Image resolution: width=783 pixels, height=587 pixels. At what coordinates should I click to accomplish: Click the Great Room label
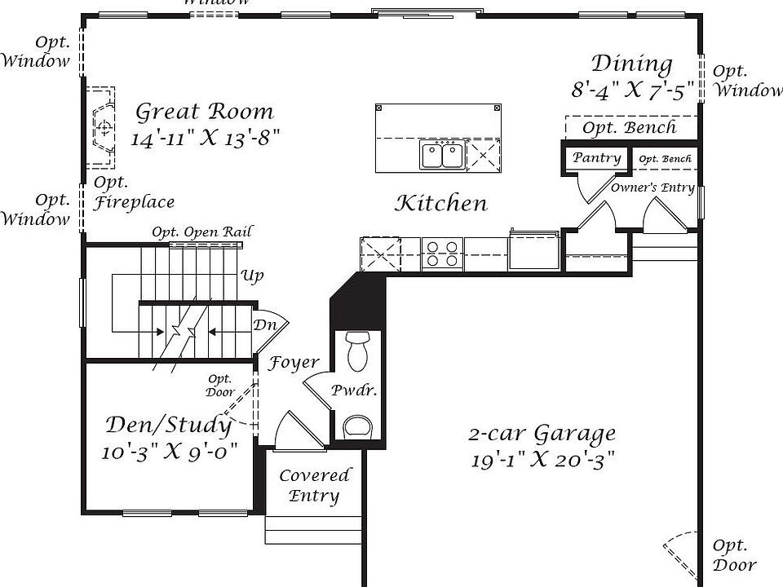point(204,111)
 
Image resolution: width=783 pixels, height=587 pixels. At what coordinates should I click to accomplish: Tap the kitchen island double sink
point(442,154)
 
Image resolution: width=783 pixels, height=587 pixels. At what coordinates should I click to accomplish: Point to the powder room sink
point(357,426)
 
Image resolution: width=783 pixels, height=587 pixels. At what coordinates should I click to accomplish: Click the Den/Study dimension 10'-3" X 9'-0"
point(170,452)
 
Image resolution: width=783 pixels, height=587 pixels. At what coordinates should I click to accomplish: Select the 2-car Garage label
point(542,434)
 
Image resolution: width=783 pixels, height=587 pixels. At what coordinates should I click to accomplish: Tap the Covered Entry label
point(315,485)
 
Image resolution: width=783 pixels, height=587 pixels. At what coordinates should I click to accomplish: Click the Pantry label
point(596,157)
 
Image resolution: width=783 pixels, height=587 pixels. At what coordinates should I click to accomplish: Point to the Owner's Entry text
point(652,188)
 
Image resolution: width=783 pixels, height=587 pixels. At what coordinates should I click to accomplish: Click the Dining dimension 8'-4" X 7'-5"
point(632,90)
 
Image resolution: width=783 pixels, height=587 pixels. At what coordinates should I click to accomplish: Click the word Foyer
point(294,363)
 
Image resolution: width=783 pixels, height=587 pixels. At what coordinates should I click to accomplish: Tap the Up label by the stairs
point(252,276)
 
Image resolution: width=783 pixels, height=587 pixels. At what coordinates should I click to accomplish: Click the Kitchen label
point(440,203)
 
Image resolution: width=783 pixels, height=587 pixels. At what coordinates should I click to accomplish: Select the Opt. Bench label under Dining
point(629,127)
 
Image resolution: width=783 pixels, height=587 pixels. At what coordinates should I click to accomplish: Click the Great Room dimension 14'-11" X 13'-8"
point(206,138)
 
